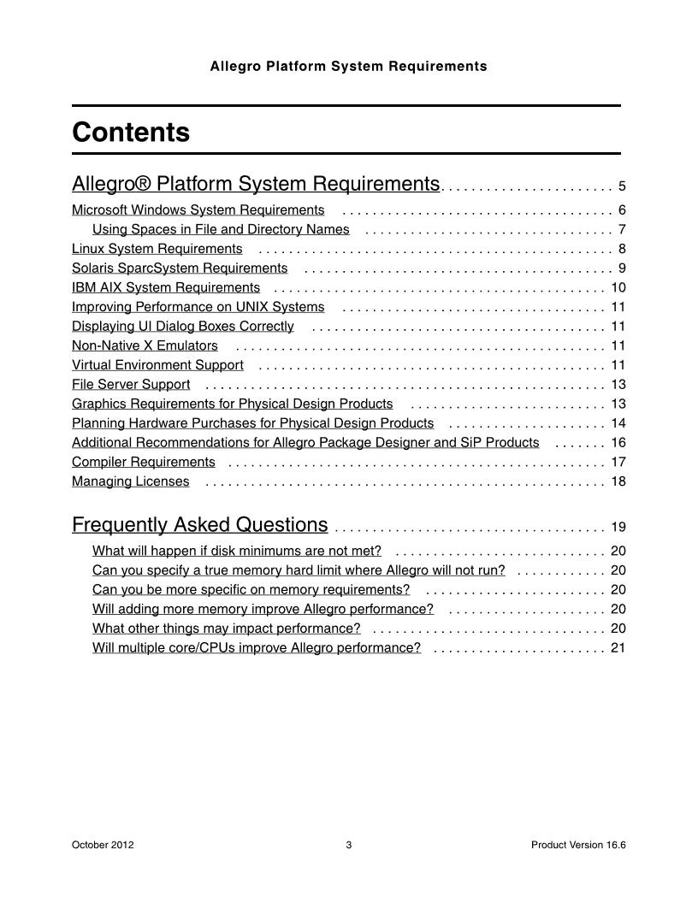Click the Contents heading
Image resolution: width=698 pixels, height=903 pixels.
131,133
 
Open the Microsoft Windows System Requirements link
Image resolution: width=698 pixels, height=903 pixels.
198,210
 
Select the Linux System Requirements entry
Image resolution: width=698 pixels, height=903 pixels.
157,249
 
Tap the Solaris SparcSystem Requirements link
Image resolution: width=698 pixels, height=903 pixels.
180,269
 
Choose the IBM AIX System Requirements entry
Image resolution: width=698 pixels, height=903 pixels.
166,288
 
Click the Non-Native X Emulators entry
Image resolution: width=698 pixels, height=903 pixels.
145,345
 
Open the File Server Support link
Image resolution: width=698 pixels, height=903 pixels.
131,385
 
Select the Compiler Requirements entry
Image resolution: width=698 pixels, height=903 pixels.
144,462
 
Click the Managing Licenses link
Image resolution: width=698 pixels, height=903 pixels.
131,481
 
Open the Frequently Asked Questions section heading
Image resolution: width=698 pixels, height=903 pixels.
199,524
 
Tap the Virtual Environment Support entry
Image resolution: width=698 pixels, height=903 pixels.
157,365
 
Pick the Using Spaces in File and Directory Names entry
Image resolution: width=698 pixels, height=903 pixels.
221,229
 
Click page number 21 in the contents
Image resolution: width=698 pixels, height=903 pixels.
618,648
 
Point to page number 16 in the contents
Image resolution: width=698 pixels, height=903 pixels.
618,443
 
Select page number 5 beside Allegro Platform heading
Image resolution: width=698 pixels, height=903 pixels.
622,186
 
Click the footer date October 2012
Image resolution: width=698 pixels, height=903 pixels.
103,846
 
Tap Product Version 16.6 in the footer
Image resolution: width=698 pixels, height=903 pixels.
578,846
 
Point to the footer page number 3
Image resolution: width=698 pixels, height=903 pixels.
349,846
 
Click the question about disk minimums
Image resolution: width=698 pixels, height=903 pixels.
237,551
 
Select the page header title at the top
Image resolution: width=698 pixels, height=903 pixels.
348,66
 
